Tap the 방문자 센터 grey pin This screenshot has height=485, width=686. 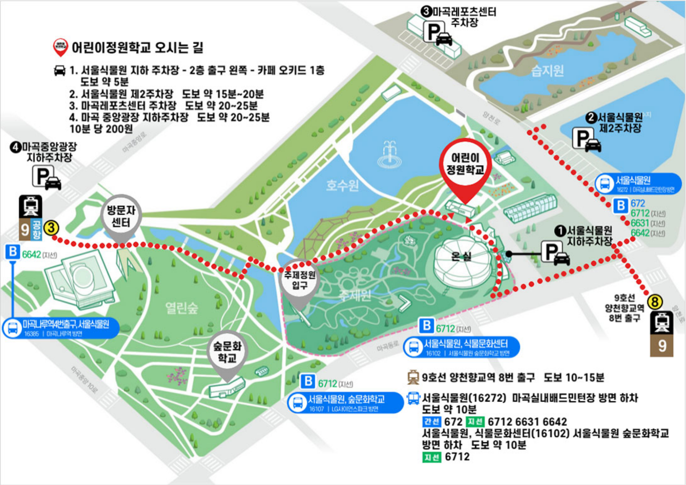[121, 216]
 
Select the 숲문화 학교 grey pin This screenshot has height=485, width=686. [227, 352]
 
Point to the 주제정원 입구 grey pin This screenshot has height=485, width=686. [299, 280]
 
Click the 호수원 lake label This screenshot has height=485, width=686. [342, 185]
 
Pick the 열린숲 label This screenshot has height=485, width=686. [182, 309]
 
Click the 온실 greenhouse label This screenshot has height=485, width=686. [461, 257]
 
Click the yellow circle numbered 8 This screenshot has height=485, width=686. [655, 301]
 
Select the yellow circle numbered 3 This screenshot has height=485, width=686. [51, 228]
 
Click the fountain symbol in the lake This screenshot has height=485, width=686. [390, 154]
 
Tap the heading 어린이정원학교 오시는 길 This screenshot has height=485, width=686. [137, 48]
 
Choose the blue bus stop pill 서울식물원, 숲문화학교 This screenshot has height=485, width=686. [345, 403]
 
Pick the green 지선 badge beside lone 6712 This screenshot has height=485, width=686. [432, 457]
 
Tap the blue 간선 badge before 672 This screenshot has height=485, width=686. [431, 422]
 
